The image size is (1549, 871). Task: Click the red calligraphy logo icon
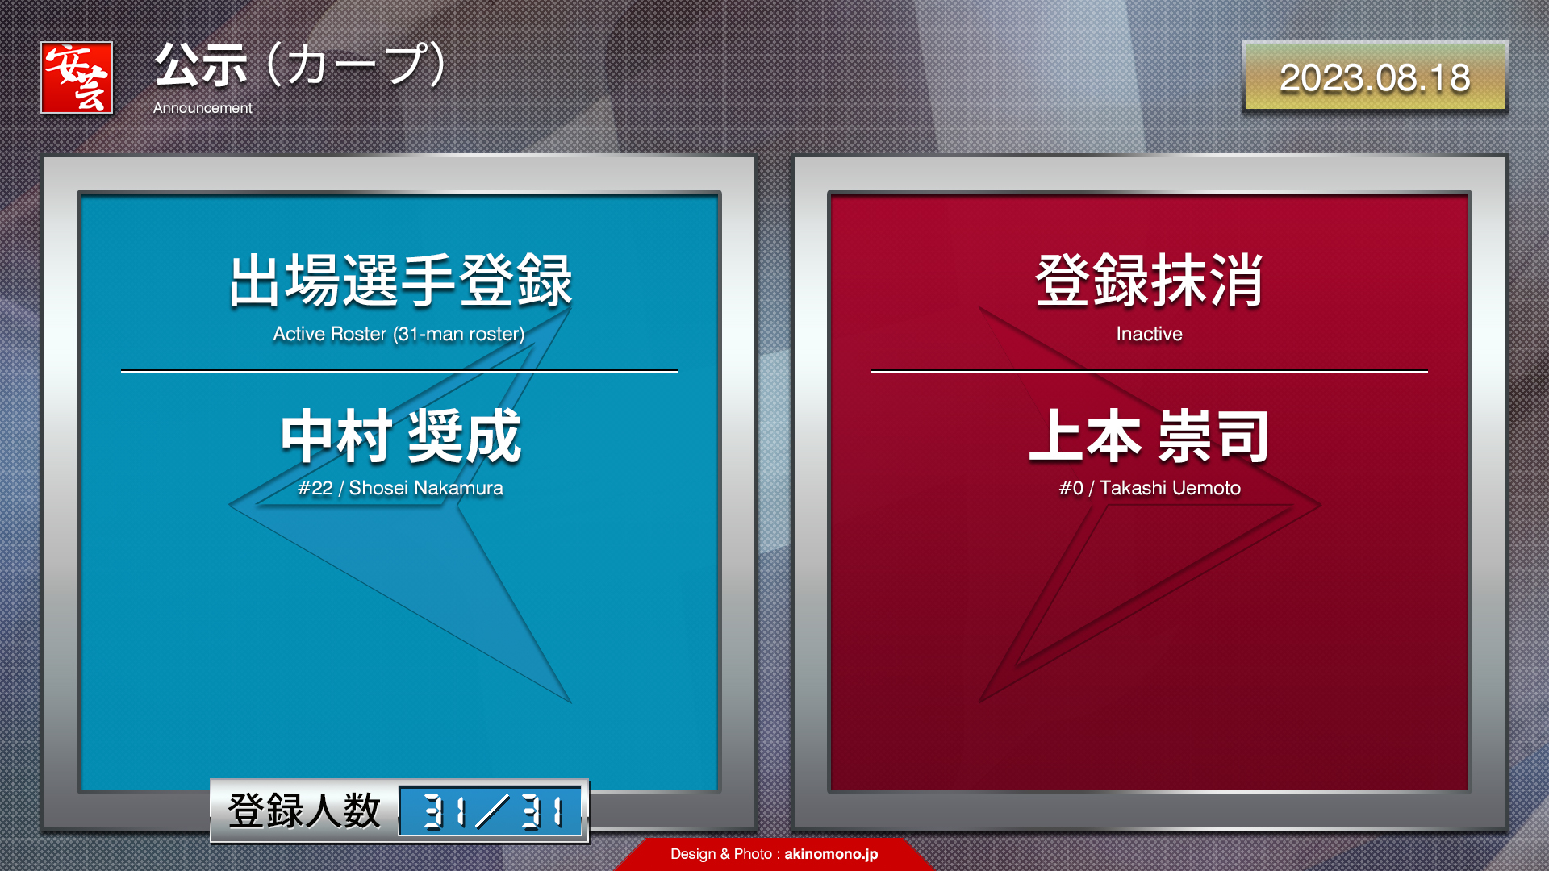coord(77,77)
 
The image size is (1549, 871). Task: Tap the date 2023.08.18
coord(1375,78)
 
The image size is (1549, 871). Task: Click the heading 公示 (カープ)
coord(300,65)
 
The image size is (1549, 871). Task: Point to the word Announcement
coord(202,108)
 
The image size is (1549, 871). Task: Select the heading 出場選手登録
coord(400,281)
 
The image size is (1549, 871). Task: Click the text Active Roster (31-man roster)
coord(399,334)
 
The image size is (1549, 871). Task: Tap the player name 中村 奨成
coord(401,435)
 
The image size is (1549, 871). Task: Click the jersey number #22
coord(315,488)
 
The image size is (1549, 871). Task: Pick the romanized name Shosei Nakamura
coord(426,488)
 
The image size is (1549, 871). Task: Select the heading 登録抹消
coord(1150,281)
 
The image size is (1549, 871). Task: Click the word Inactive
coord(1150,334)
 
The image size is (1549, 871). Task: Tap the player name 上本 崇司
coord(1150,435)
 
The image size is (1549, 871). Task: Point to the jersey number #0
coord(1071,488)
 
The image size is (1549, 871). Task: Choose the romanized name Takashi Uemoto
coord(1171,488)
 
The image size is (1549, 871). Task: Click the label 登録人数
coord(304,811)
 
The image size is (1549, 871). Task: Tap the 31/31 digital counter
coord(491,811)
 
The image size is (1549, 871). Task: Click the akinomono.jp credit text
coord(831,854)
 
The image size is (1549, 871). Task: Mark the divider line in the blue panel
coord(399,371)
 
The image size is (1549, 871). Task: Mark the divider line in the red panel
coord(1150,371)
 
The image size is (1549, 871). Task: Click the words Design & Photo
coord(721,854)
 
